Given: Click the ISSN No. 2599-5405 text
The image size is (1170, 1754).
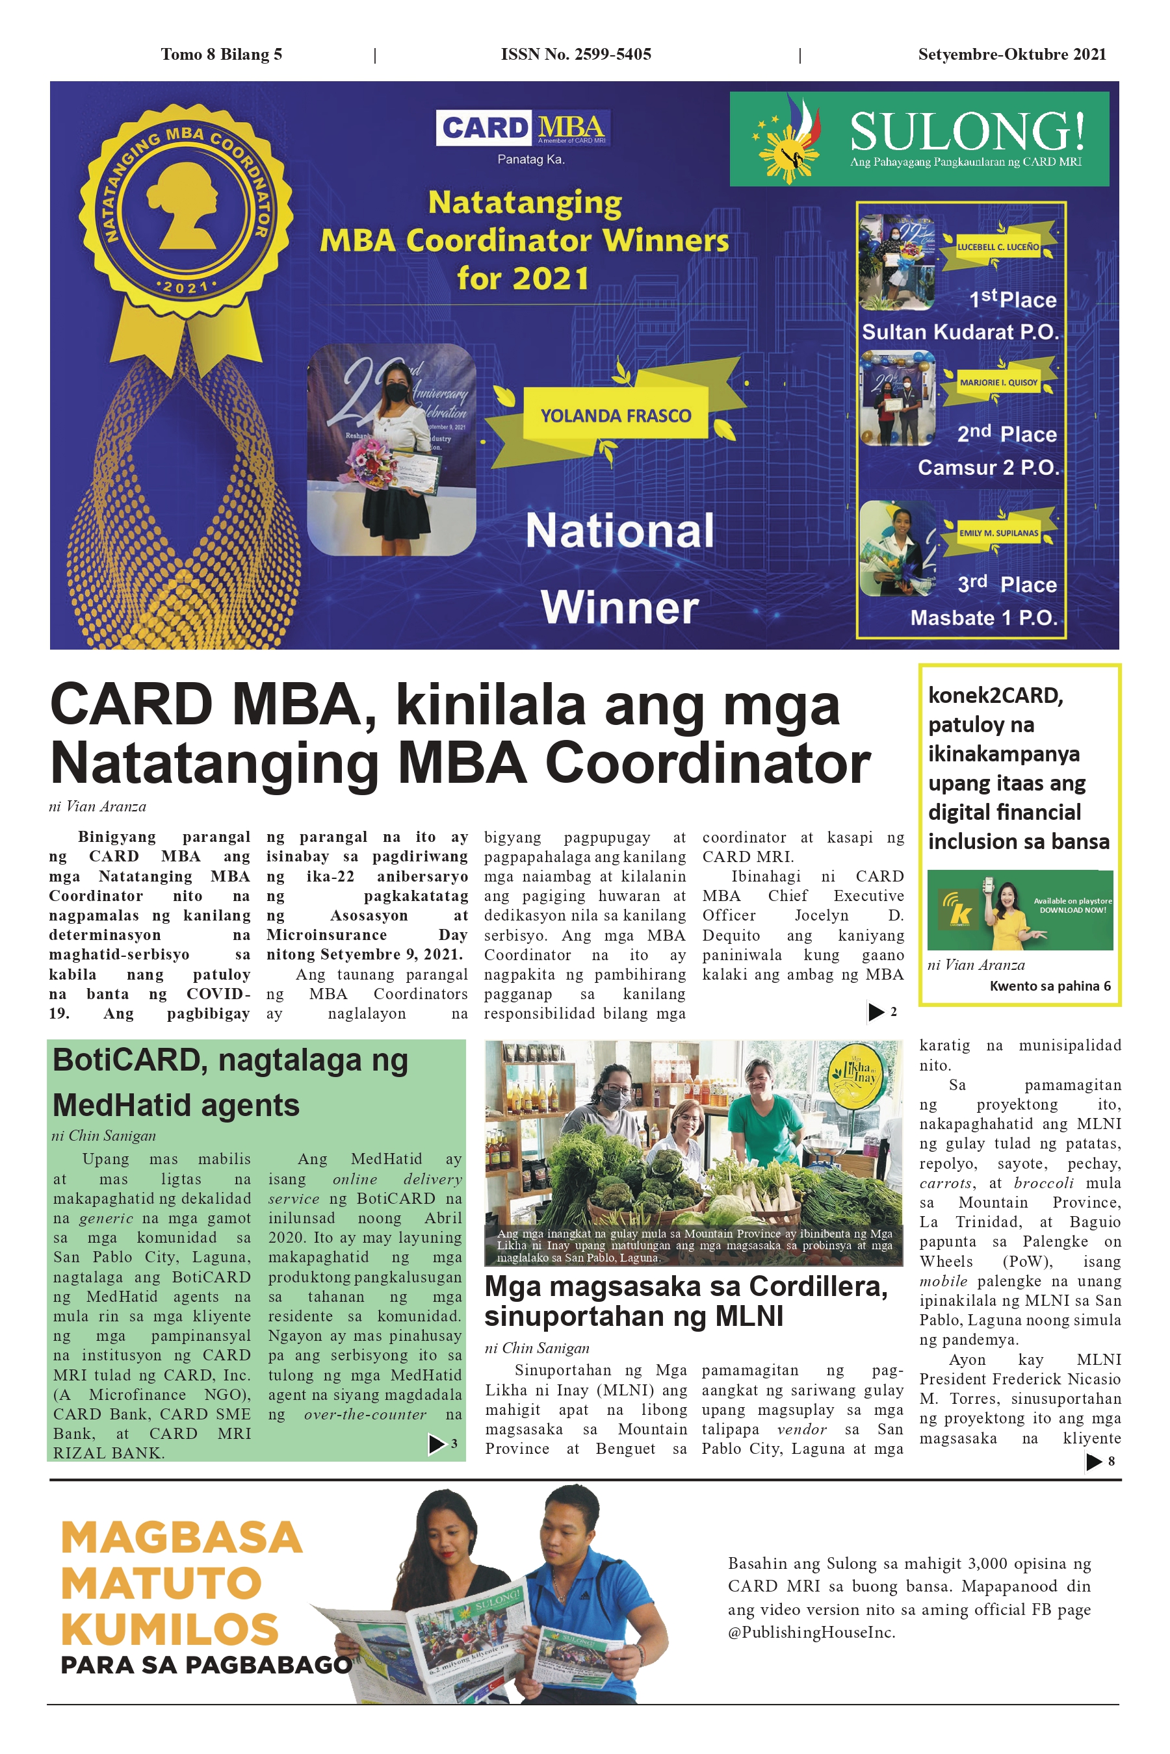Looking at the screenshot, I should pyautogui.click(x=575, y=54).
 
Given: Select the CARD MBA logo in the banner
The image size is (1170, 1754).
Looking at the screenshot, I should pyautogui.click(x=523, y=127).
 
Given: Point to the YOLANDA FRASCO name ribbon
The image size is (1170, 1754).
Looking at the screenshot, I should pyautogui.click(x=616, y=415).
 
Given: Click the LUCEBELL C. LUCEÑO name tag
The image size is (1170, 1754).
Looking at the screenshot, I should pyautogui.click(x=998, y=247).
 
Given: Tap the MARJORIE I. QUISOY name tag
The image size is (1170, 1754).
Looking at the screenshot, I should pyautogui.click(x=998, y=383).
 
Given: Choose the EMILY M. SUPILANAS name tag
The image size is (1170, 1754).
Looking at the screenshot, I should pyautogui.click(x=998, y=533).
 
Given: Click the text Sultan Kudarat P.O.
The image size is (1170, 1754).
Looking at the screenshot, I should pyautogui.click(x=960, y=332).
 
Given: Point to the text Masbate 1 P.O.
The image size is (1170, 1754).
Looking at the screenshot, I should pyautogui.click(x=983, y=618).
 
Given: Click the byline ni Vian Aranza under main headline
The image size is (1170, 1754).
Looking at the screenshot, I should pyautogui.click(x=97, y=806).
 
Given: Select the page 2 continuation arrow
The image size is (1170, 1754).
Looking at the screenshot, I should pyautogui.click(x=876, y=1012).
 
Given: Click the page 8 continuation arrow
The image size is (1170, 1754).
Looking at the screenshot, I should pyautogui.click(x=1094, y=1462).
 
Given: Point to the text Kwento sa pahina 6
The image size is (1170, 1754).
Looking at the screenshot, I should pyautogui.click(x=1050, y=986).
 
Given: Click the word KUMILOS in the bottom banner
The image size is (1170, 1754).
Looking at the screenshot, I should pyautogui.click(x=170, y=1629).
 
